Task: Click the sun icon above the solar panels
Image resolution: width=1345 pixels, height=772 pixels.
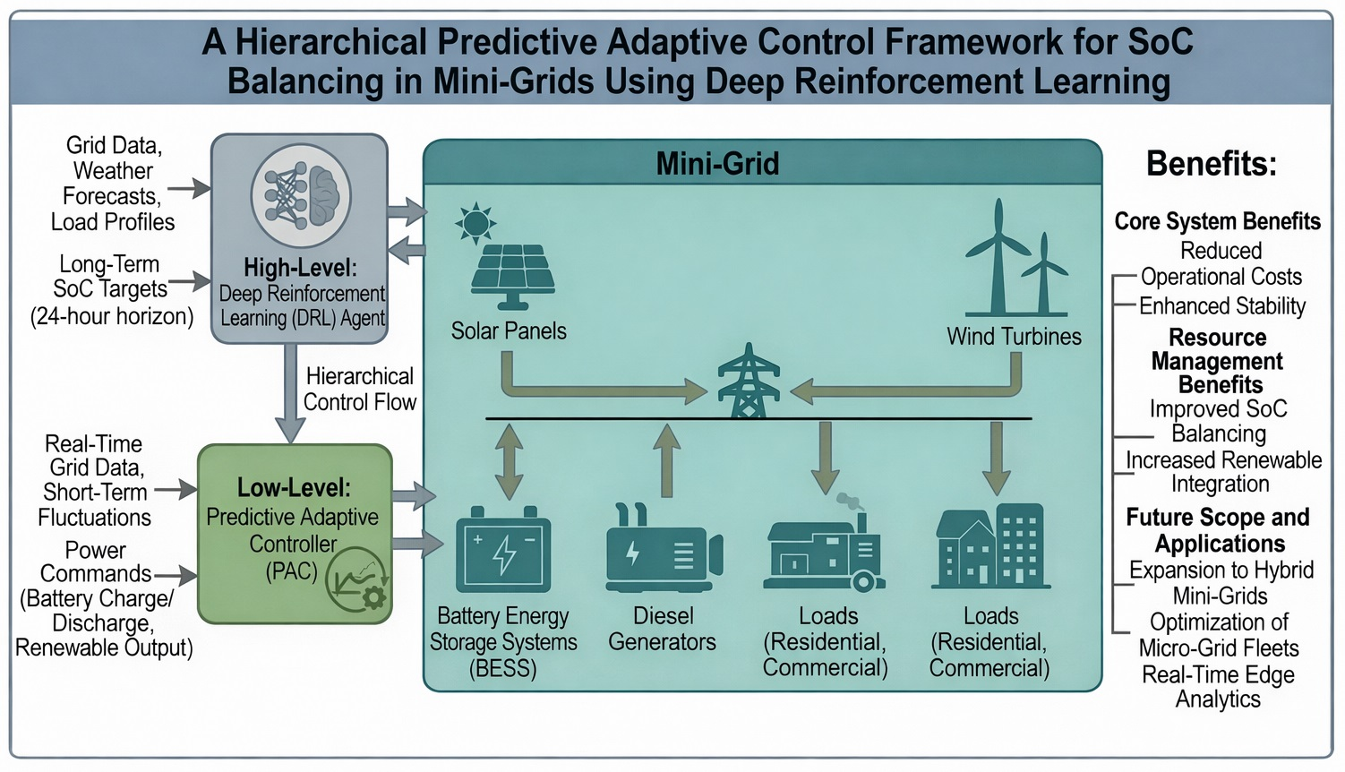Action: click(475, 221)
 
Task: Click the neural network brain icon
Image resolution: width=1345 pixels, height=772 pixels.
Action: click(300, 195)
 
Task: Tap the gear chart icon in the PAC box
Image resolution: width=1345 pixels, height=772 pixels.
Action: click(357, 579)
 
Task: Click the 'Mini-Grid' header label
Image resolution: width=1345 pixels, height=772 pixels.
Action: click(717, 164)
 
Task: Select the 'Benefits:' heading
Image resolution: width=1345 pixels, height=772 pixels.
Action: click(1211, 164)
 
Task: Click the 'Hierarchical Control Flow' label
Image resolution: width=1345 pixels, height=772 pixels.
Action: click(360, 389)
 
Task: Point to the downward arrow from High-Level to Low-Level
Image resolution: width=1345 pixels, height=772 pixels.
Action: click(289, 393)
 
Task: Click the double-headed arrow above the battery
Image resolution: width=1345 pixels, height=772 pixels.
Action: click(509, 460)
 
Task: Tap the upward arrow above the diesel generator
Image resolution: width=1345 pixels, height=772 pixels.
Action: click(666, 459)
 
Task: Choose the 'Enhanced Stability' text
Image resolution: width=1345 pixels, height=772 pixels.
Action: click(1221, 306)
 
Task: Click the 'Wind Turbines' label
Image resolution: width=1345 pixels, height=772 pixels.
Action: click(1014, 337)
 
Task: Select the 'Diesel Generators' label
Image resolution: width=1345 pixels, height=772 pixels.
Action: click(663, 629)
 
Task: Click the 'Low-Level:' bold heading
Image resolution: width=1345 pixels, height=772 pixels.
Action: click(294, 488)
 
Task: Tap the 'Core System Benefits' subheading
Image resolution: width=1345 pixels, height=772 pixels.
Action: click(1217, 221)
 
